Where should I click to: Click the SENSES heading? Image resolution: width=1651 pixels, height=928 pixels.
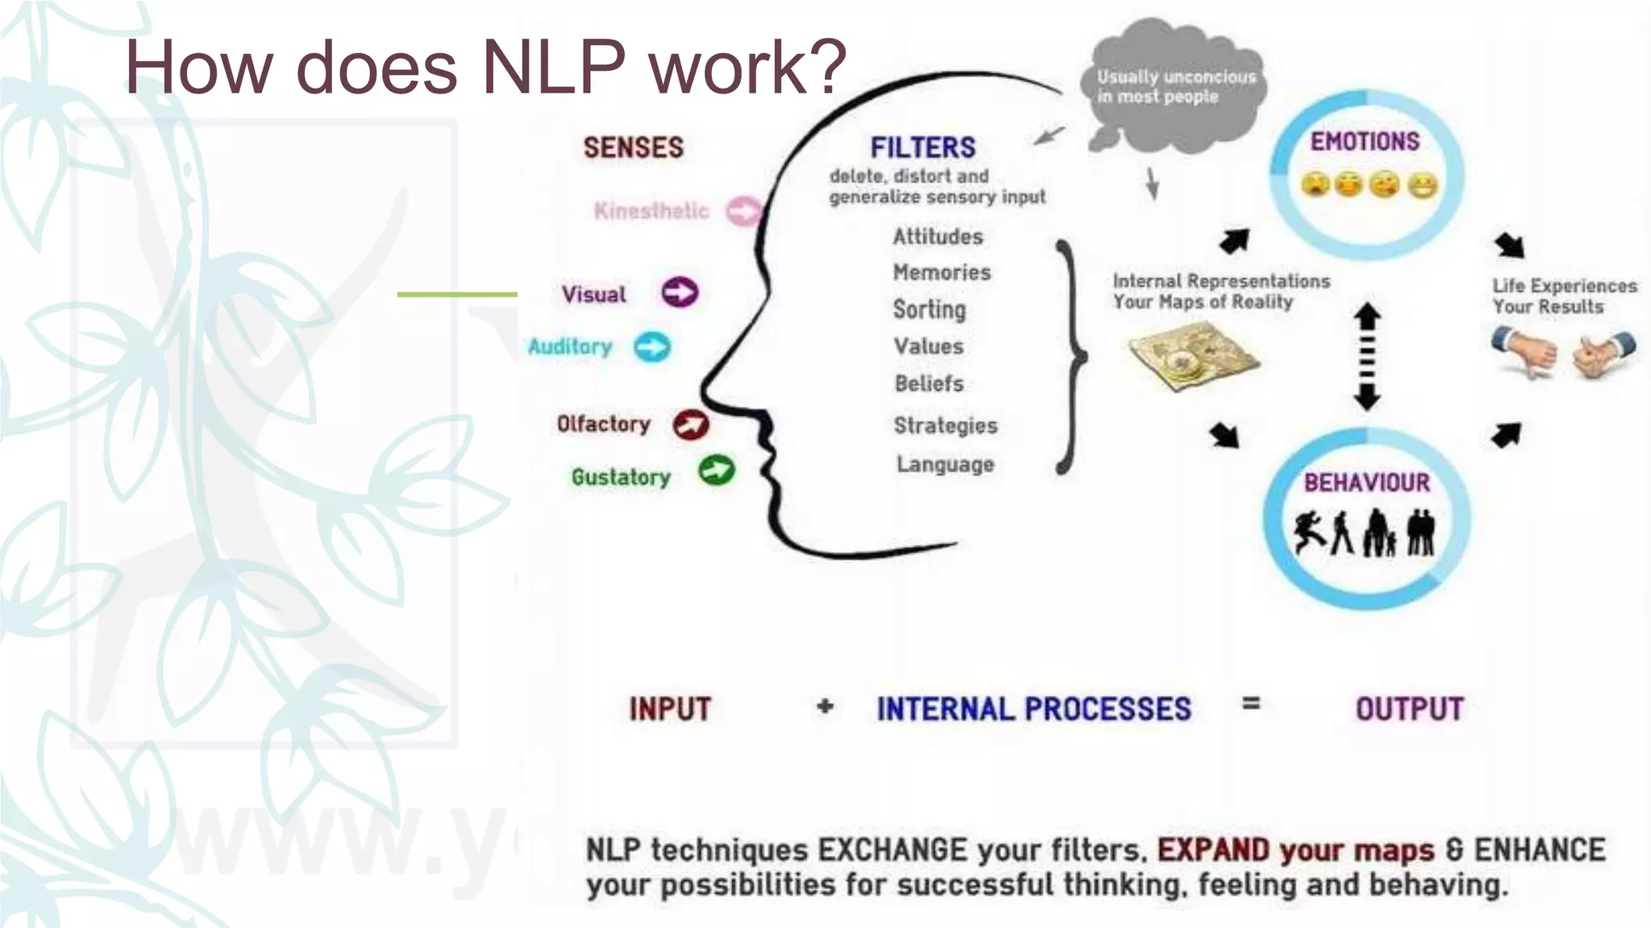(x=634, y=147)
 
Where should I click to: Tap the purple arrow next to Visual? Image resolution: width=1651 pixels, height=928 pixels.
(x=680, y=292)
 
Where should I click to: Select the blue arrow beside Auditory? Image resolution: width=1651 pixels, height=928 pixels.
(x=652, y=347)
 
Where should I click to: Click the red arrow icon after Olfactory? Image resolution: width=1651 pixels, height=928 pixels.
(x=691, y=425)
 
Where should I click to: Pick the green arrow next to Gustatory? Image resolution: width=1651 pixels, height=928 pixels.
(x=717, y=470)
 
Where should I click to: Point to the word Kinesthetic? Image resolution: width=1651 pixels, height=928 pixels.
(x=651, y=211)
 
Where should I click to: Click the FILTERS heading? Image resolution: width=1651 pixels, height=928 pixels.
(x=923, y=147)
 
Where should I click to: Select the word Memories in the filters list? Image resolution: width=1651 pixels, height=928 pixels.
(x=942, y=272)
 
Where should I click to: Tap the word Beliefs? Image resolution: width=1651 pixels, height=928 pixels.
(x=929, y=383)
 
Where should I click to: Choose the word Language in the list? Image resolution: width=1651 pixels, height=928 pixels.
(x=945, y=464)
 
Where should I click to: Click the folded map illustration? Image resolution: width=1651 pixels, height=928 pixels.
(x=1192, y=357)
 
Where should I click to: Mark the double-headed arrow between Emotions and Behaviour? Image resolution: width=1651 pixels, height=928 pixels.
(x=1366, y=356)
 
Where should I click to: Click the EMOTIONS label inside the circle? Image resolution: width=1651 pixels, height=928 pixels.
(x=1365, y=142)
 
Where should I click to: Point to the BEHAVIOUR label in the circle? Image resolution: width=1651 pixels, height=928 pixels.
(x=1367, y=483)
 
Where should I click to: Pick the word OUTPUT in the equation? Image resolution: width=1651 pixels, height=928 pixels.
(x=1409, y=709)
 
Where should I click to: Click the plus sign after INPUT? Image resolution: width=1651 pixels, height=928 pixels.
(x=825, y=707)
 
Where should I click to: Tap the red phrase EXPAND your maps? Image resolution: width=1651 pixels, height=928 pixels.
(x=1295, y=851)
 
